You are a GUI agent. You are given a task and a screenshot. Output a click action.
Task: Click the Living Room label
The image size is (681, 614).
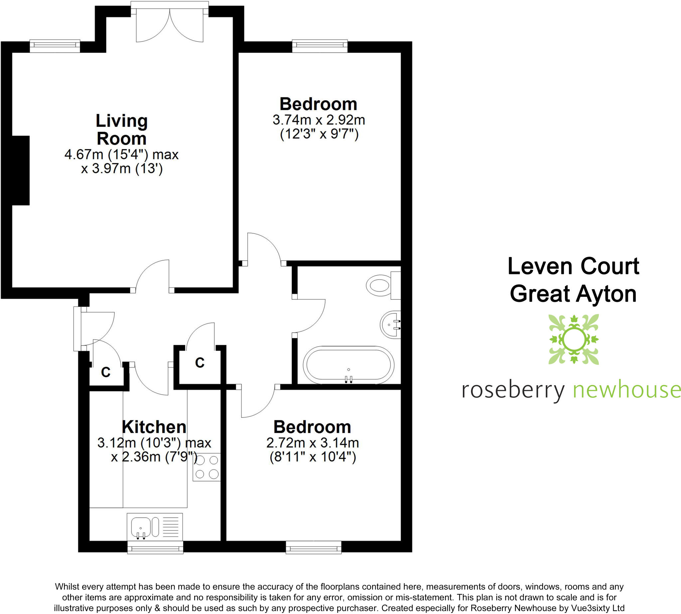pos(121,130)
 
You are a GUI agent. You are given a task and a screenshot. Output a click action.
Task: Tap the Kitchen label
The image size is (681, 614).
pos(154,427)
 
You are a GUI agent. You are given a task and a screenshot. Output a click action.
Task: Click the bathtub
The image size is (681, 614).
pos(348,365)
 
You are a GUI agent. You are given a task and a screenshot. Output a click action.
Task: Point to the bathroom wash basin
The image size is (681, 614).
pos(391,324)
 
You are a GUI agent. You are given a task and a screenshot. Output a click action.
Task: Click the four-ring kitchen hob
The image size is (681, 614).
pos(206,467)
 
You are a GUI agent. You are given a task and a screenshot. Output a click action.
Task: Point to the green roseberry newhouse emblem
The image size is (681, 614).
pos(573,339)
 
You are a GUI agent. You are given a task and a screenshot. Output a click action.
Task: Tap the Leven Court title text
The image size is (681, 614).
pos(573,266)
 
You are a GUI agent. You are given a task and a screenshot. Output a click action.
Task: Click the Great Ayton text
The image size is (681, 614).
pos(573,294)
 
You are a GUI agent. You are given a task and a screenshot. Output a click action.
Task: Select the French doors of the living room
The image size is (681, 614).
pos(169,24)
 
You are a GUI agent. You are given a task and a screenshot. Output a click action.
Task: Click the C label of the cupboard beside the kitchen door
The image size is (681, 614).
pos(106,372)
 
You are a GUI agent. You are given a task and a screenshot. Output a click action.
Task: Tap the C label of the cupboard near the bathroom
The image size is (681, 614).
pos(200,363)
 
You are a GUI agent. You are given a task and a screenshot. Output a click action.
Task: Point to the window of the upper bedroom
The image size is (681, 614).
pos(320,46)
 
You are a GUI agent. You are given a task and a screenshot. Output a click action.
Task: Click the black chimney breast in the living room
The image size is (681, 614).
pos(20,170)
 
